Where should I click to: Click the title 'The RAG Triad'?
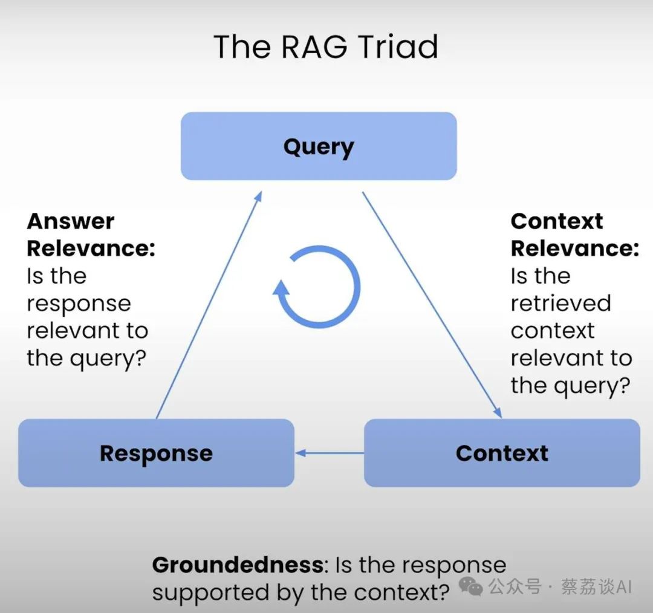326,47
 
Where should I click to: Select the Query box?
319,146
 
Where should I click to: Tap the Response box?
156,453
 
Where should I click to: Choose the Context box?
502,453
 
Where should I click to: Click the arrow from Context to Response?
330,453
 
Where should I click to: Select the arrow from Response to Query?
209,306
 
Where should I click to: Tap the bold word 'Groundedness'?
237,565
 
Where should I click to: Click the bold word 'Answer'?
70,221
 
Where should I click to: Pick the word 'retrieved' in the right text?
560,303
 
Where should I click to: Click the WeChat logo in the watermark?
470,586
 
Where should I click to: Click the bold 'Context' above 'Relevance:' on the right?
557,221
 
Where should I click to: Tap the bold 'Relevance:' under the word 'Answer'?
91,248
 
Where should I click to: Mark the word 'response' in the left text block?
79,303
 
